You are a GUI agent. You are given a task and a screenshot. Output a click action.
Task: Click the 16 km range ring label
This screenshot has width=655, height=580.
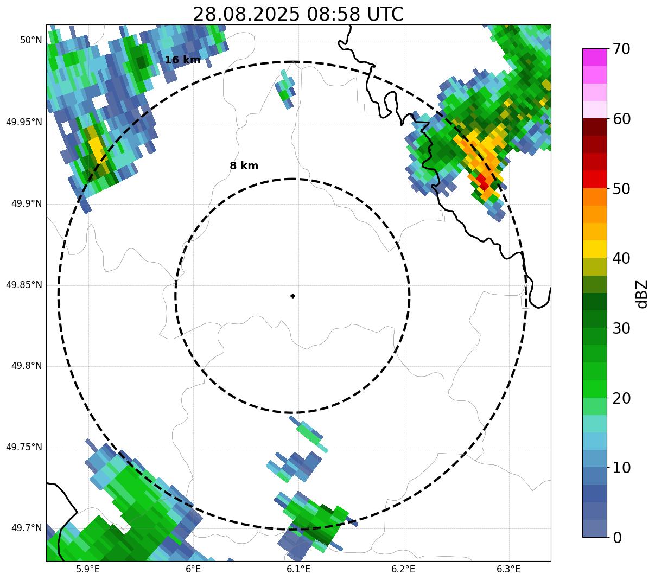(x=182, y=60)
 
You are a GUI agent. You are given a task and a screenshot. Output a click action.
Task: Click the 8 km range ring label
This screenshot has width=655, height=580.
(x=244, y=166)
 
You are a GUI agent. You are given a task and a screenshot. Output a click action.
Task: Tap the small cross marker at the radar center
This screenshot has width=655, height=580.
(x=293, y=296)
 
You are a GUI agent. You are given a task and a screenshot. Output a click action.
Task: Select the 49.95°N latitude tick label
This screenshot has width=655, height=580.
(x=24, y=122)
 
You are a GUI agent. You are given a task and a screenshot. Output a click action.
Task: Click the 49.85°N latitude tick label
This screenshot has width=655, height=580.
(x=24, y=285)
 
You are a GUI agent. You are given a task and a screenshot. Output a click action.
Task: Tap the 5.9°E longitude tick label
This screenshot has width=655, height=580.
(x=88, y=569)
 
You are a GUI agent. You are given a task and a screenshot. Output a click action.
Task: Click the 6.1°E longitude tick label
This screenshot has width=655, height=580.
(x=298, y=569)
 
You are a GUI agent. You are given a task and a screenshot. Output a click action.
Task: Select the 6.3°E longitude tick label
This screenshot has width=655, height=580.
(x=508, y=569)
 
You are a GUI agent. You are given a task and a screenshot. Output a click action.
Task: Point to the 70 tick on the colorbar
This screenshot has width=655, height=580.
(x=622, y=49)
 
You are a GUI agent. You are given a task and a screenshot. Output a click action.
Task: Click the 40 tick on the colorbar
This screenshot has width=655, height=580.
(x=622, y=258)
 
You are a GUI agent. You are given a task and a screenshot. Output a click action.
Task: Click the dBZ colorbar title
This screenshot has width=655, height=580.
(x=642, y=294)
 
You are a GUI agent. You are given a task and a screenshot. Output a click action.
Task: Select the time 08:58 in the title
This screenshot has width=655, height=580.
(x=333, y=14)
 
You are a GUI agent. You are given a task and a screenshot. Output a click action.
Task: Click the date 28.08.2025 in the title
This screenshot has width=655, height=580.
(x=246, y=14)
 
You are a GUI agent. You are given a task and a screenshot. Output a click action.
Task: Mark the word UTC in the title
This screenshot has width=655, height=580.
(x=385, y=14)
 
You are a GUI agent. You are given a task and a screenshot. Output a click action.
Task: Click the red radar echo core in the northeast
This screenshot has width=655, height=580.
(x=482, y=182)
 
